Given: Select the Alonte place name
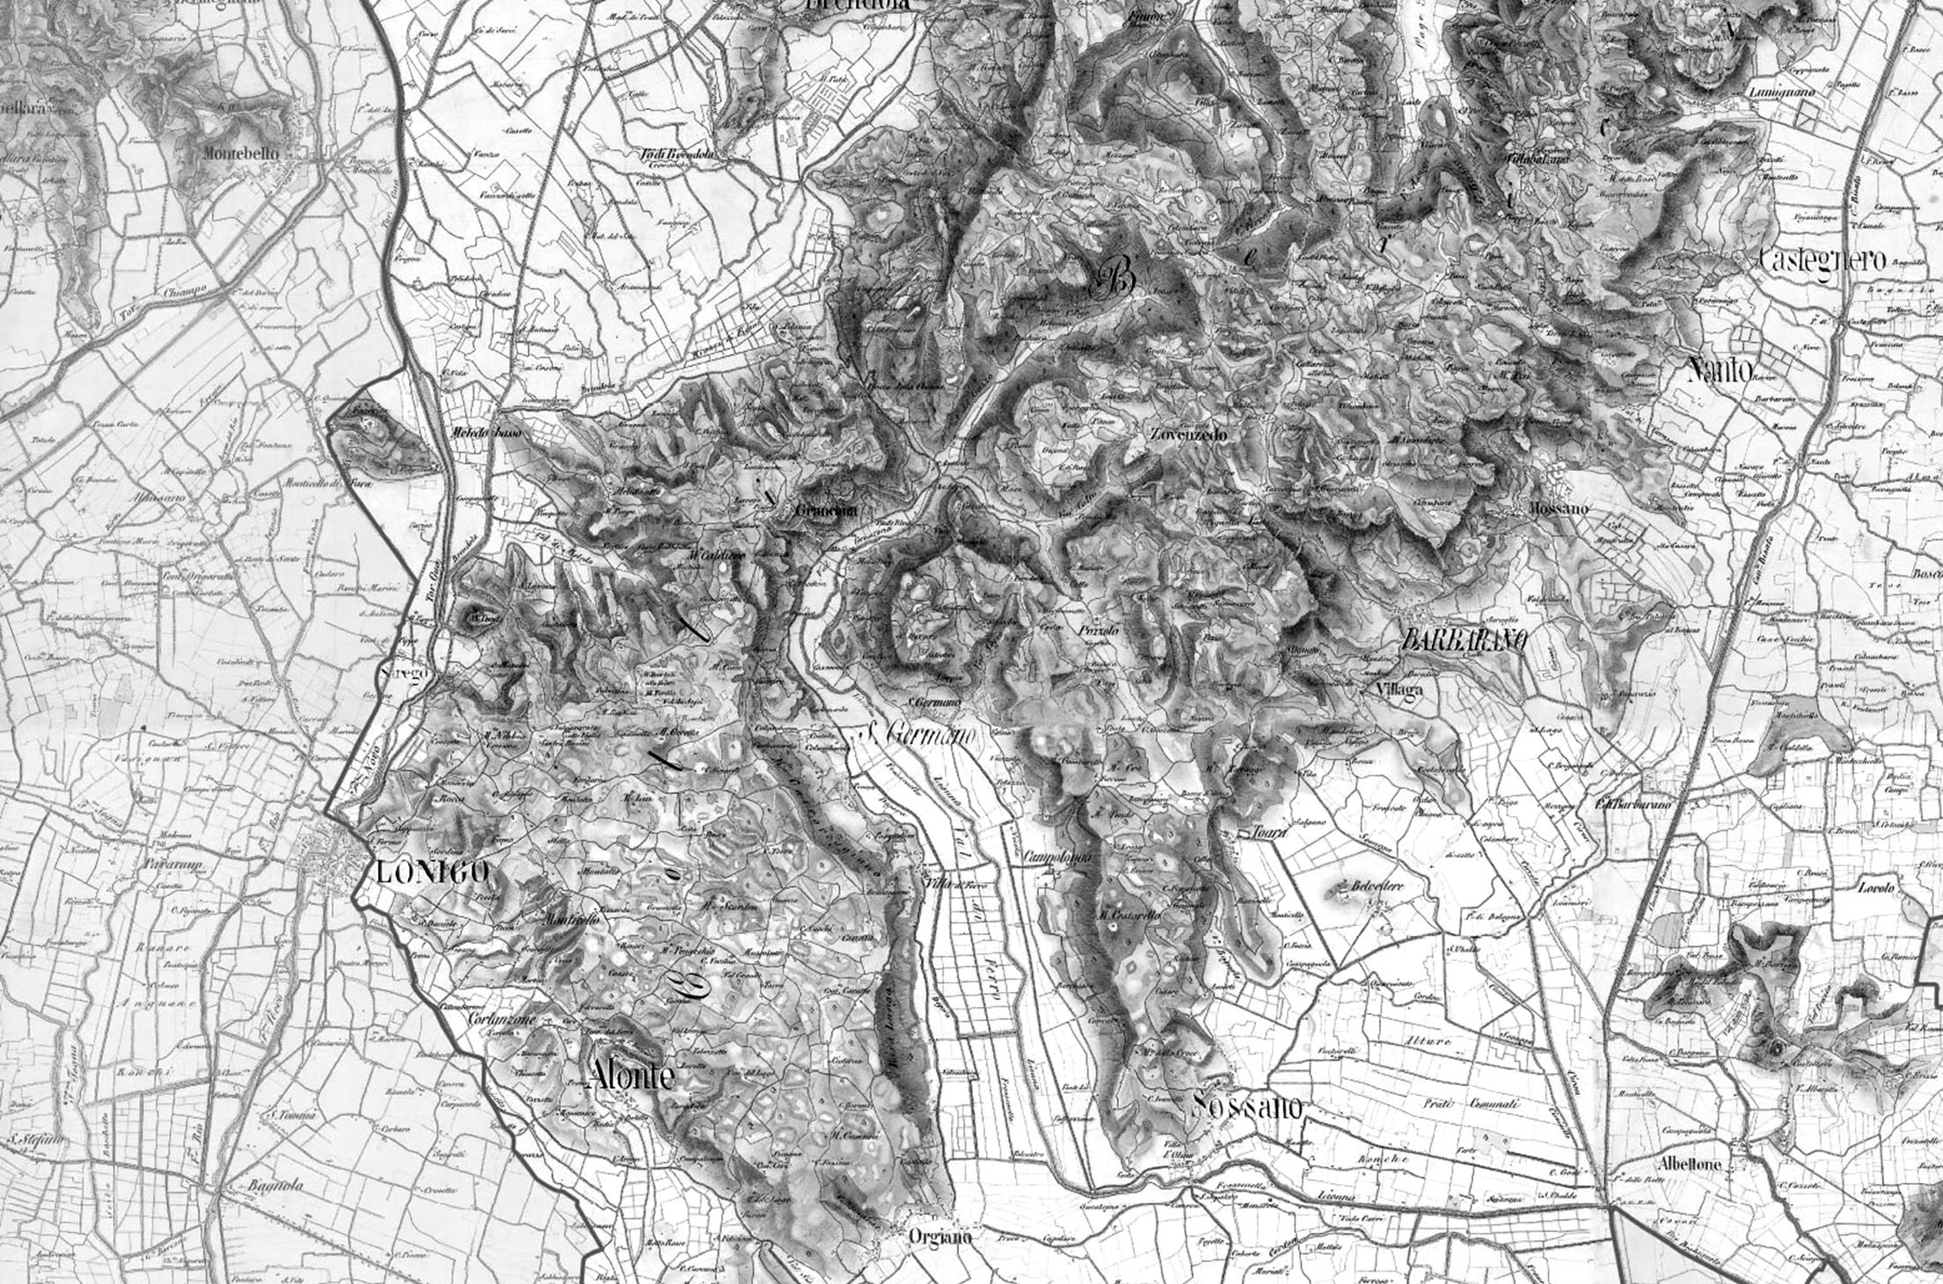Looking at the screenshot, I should point(632,1075).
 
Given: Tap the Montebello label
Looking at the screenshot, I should point(241,153).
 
